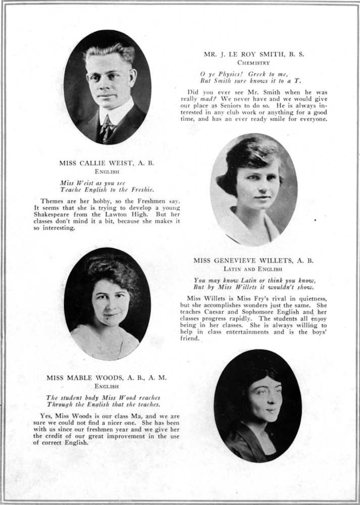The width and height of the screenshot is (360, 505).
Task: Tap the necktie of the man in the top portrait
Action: [107, 128]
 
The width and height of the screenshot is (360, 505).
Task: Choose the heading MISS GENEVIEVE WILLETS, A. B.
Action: [253, 261]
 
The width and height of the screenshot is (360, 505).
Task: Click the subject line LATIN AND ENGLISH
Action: [253, 270]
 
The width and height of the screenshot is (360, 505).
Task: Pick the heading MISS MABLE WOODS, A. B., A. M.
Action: [107, 378]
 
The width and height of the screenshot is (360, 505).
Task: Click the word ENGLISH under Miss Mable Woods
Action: [107, 387]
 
